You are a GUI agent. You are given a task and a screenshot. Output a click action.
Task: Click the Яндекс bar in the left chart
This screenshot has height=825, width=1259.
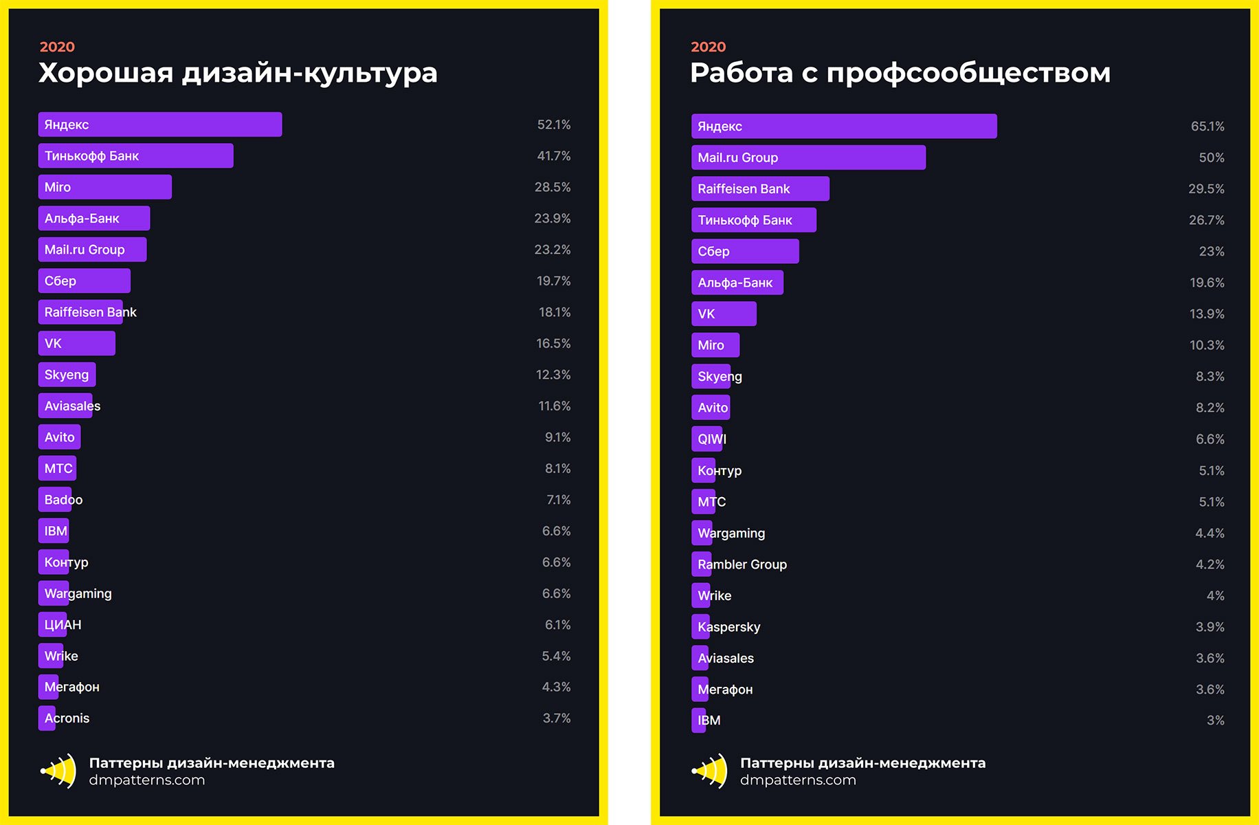tap(159, 124)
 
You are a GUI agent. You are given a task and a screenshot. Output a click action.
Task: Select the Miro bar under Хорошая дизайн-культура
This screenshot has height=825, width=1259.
tap(104, 187)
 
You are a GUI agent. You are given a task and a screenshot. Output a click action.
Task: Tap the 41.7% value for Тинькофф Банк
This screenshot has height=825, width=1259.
tap(553, 156)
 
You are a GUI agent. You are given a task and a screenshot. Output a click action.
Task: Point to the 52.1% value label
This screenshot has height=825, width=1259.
tap(553, 124)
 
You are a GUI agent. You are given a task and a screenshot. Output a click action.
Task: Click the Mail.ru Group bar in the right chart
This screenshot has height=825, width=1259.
tap(807, 157)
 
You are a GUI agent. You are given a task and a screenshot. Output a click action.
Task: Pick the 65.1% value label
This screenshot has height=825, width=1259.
tap(1207, 126)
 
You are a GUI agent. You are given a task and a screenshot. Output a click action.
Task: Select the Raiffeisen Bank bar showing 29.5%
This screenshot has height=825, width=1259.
tap(759, 189)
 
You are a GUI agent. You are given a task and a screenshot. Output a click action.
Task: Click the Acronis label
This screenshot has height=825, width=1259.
tap(67, 718)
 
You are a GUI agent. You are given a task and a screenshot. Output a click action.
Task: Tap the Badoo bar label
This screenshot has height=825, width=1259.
tap(63, 500)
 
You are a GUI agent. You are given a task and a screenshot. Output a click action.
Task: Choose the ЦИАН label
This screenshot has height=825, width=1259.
tap(63, 625)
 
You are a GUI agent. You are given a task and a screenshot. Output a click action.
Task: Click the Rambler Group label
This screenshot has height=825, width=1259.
tap(742, 564)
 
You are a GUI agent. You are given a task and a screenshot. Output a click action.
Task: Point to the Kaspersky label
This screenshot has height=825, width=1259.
tap(728, 627)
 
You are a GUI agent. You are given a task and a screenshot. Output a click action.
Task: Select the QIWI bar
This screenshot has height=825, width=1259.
tap(708, 439)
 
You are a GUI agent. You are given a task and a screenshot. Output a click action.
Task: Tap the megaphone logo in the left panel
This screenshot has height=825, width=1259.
tap(59, 771)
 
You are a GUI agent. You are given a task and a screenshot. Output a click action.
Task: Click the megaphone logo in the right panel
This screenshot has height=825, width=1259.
tap(710, 771)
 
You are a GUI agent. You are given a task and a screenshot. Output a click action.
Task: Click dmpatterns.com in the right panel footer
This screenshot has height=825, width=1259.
tap(797, 780)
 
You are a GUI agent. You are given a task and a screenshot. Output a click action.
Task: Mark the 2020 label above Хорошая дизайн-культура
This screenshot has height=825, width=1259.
tap(57, 47)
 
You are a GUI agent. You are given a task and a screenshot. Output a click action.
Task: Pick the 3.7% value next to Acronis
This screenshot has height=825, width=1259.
tap(556, 718)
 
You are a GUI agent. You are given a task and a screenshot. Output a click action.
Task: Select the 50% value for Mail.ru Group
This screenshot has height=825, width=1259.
tap(1211, 157)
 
